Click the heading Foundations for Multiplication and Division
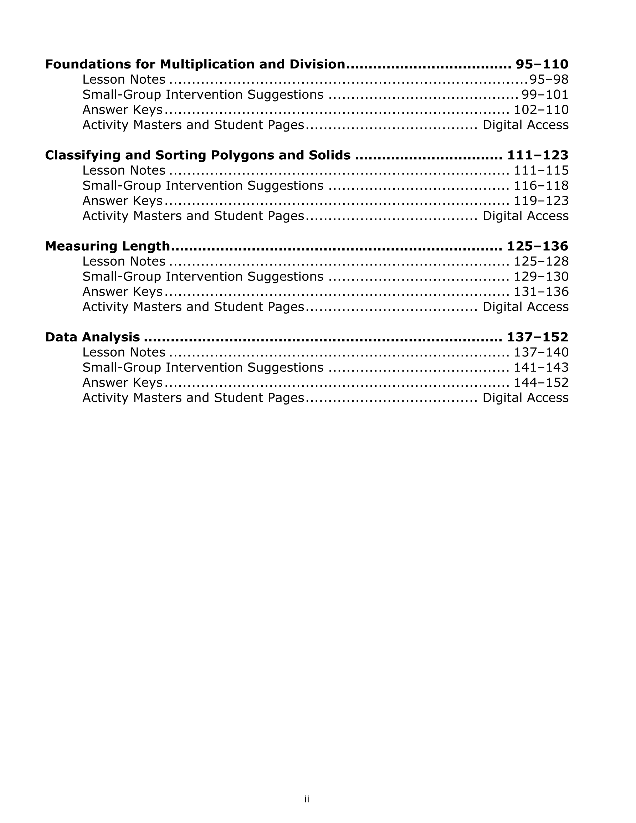pyautogui.click(x=195, y=65)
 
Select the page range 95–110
pyautogui.click(x=542, y=65)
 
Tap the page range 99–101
pyautogui.click(x=545, y=94)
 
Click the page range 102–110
pyautogui.click(x=541, y=110)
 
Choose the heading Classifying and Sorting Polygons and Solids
pyautogui.click(x=198, y=155)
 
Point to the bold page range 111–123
pyautogui.click(x=538, y=155)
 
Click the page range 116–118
pyautogui.click(x=541, y=185)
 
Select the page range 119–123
pyautogui.click(x=541, y=200)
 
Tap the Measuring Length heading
pyautogui.click(x=107, y=246)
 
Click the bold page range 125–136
pyautogui.click(x=538, y=246)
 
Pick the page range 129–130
pyautogui.click(x=541, y=277)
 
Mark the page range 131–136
pyautogui.click(x=541, y=292)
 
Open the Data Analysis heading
pyautogui.click(x=92, y=337)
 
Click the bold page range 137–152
pyautogui.click(x=538, y=337)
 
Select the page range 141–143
pyautogui.click(x=541, y=367)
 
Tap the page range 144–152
pyautogui.click(x=541, y=382)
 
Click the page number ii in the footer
pyautogui.click(x=307, y=799)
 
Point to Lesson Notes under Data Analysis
pyautogui.click(x=124, y=353)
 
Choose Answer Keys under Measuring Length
pyautogui.click(x=122, y=292)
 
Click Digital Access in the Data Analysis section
pyautogui.click(x=525, y=398)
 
